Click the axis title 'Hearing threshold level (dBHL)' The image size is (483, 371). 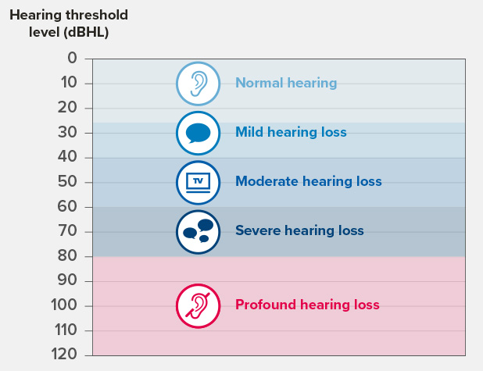pos(69,23)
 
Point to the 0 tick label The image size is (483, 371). pos(73,58)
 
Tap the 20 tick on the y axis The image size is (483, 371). pos(69,108)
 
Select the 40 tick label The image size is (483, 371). pos(69,157)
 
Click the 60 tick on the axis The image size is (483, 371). pos(69,207)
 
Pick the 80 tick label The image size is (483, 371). pos(69,256)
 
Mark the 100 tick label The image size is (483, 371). pos(65,305)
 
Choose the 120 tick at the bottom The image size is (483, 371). pos(65,355)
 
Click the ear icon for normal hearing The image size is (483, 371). pos(199,83)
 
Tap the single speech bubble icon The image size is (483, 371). pos(199,133)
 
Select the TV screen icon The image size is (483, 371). pos(199,181)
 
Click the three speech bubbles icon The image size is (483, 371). pos(199,231)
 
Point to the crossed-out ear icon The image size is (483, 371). pos(199,305)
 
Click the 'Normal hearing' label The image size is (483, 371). pos(286,83)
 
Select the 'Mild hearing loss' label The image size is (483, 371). pos(291,132)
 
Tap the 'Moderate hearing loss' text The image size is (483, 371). pos(308,181)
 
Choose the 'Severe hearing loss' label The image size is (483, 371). pos(299,230)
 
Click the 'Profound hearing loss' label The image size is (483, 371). pos(307,305)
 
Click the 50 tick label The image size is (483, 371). pos(69,182)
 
